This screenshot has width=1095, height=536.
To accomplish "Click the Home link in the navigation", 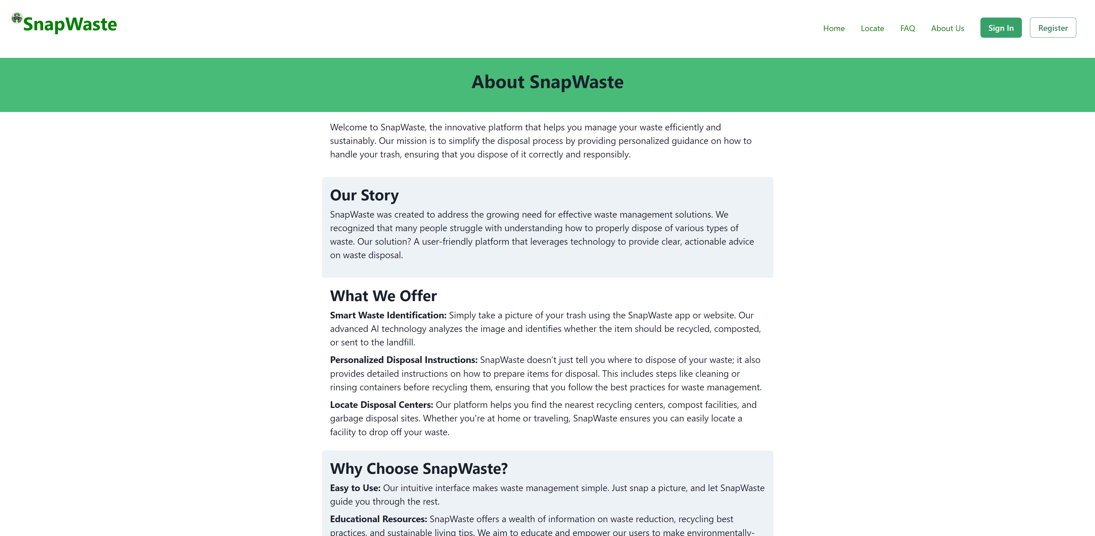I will pos(834,28).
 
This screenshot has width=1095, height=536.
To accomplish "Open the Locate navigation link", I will pos(872,28).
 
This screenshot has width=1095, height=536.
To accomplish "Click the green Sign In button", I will pos(1001,28).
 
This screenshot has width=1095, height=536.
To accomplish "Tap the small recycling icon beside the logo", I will pos(17,18).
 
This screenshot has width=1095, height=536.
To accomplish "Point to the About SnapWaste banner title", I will pos(547,82).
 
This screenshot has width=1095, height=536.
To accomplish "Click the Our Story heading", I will pos(364,195).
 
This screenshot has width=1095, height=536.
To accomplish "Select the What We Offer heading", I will pos(383,296).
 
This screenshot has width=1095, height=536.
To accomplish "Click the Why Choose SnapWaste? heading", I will pos(419,468).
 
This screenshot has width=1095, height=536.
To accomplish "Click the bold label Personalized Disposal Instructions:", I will pos(403,360).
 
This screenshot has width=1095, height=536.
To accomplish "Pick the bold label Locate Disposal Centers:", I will pos(381,405).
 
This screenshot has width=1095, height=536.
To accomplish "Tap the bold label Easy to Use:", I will pos(355,488).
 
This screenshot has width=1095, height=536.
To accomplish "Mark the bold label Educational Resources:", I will pos(378,519).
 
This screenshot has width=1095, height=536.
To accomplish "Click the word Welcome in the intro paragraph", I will pos(348,128).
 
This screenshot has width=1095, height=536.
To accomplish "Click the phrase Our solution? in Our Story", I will pos(384,242).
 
